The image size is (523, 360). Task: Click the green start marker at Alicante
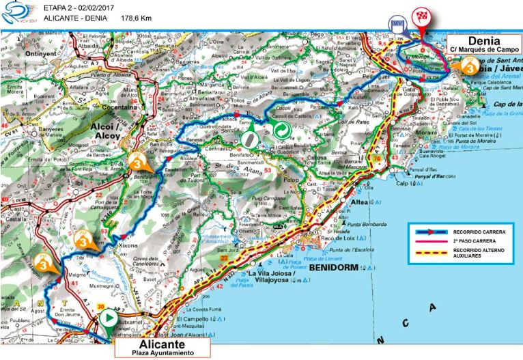click(x=108, y=318)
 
